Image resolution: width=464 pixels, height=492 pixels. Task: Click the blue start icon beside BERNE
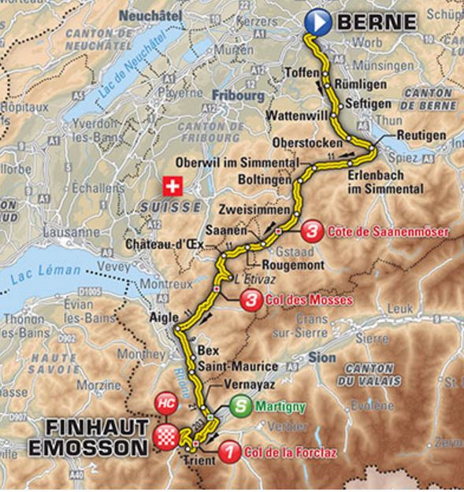pyautogui.click(x=317, y=21)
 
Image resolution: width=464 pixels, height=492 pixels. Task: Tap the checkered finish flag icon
pyautogui.click(x=165, y=438)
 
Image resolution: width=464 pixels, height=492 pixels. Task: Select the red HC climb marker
pyautogui.click(x=165, y=401)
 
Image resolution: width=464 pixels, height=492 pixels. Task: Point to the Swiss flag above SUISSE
pyautogui.click(x=172, y=187)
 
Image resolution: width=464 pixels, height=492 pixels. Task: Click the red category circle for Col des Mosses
pyautogui.click(x=252, y=300)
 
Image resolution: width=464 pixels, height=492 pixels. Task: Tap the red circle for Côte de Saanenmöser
pyautogui.click(x=313, y=231)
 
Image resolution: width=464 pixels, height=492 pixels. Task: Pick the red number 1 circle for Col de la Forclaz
pyautogui.click(x=228, y=453)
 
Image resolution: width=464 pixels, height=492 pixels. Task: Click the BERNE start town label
pyautogui.click(x=376, y=22)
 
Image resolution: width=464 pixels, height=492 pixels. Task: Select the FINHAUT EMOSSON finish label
pyautogui.click(x=97, y=438)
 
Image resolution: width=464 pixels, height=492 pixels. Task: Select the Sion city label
pyautogui.click(x=323, y=357)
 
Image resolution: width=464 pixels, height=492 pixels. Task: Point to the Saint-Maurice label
pyautogui.click(x=238, y=367)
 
